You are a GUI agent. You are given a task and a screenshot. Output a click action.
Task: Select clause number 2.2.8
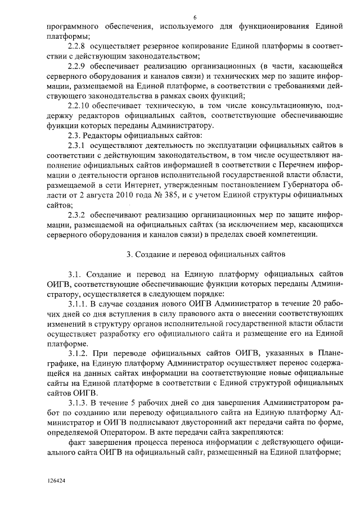(76, 46)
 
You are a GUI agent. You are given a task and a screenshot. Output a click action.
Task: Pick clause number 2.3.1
(76, 146)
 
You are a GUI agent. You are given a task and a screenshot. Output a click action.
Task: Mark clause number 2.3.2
(76, 216)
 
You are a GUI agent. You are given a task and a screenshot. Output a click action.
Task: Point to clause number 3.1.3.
(78, 403)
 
